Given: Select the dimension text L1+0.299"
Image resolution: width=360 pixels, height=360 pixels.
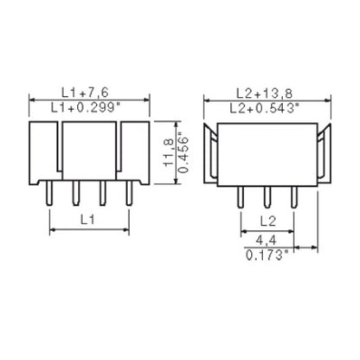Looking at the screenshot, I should (88, 106).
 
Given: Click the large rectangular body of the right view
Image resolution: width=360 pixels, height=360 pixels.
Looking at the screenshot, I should (267, 151).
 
